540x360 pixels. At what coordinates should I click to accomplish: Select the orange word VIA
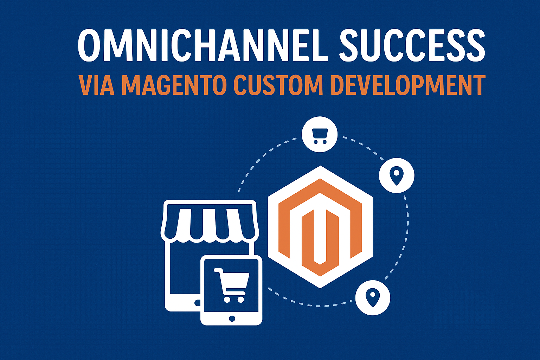click(97, 85)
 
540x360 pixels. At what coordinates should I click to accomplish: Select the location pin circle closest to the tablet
click(373, 297)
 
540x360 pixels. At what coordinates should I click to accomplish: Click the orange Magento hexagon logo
click(320, 227)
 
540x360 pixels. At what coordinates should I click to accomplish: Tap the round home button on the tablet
click(232, 319)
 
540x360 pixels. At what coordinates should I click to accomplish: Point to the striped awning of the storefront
click(210, 224)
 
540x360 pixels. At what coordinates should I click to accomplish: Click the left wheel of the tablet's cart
click(227, 299)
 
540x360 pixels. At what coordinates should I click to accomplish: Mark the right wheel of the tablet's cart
click(241, 299)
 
